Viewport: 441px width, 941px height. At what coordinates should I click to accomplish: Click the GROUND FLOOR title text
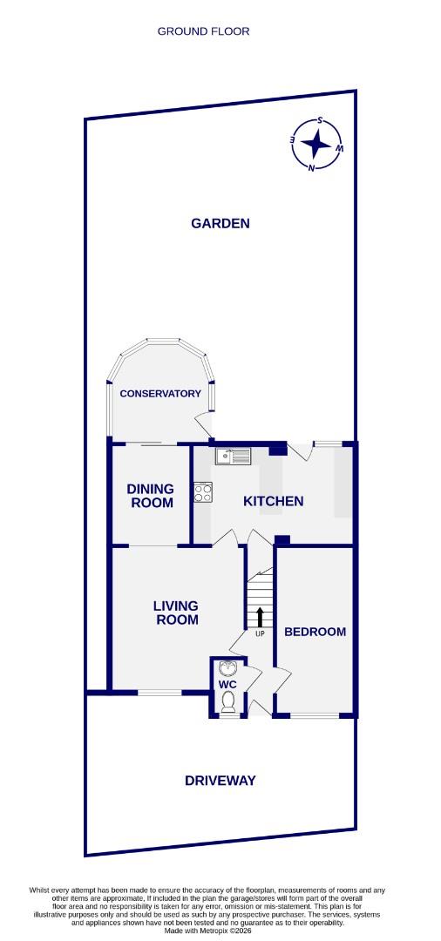click(x=203, y=31)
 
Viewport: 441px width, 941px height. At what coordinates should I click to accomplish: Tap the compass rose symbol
click(x=316, y=145)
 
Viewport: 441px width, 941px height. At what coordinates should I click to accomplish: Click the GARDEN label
click(x=220, y=223)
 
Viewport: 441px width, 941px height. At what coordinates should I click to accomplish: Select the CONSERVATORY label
click(x=160, y=394)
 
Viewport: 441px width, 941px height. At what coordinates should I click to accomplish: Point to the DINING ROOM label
click(x=151, y=496)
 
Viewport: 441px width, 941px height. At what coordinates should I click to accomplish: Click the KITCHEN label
click(x=273, y=501)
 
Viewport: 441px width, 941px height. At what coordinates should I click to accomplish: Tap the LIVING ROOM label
click(x=175, y=613)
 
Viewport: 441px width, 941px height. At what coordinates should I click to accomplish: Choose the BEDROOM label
click(x=315, y=632)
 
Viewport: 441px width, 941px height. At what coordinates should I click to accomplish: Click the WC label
click(x=228, y=685)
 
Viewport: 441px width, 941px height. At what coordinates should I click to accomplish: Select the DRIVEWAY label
click(x=220, y=781)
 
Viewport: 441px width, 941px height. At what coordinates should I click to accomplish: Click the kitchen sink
click(x=233, y=455)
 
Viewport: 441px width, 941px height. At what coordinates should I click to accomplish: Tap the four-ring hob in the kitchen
click(x=203, y=493)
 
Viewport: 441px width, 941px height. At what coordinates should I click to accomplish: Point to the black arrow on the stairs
click(x=259, y=617)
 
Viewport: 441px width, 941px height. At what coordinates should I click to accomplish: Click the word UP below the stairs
click(x=259, y=633)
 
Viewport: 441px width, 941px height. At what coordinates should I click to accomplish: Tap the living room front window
click(x=159, y=694)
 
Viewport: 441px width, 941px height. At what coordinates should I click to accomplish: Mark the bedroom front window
click(x=314, y=715)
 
